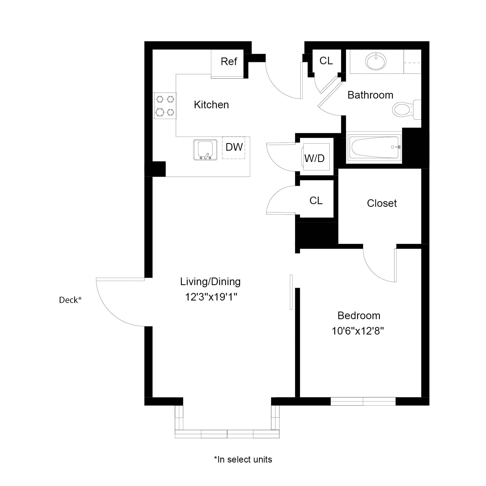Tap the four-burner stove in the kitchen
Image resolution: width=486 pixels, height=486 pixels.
tap(165, 106)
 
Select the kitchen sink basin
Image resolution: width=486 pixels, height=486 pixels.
tap(205, 150)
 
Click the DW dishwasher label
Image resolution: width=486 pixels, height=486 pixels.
tap(234, 147)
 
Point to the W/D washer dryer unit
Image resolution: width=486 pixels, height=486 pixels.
tap(315, 157)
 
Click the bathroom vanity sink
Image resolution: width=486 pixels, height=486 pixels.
tap(376, 61)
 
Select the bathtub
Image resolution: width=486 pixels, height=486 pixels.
tap(374, 147)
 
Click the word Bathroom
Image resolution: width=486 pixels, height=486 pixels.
tap(370, 95)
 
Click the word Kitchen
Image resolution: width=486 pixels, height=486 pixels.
tap(211, 105)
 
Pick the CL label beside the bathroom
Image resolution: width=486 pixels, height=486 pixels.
tap(326, 61)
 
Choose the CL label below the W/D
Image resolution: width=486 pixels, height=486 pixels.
tap(316, 201)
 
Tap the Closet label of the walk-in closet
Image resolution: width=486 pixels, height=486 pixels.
tap(382, 203)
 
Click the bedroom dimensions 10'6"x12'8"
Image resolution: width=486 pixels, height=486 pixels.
tap(357, 331)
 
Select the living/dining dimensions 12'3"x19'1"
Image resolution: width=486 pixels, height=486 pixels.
tap(211, 297)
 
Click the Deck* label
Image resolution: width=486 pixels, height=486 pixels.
tap(70, 300)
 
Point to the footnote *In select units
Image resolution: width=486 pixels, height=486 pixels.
tap(243, 459)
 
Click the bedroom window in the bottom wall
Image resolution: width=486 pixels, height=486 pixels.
tap(363, 401)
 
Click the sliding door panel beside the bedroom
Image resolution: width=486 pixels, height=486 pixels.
tap(291, 292)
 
